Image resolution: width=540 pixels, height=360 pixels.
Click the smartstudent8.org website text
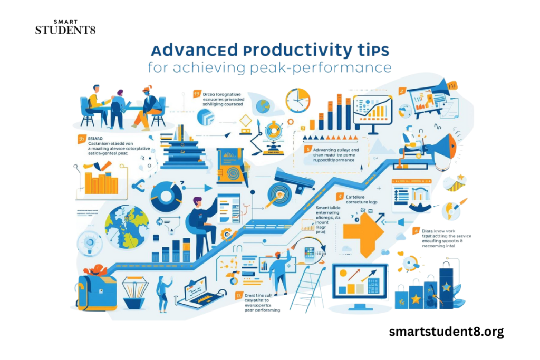click(x=446, y=332)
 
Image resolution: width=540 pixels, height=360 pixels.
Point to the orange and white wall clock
click(x=298, y=101)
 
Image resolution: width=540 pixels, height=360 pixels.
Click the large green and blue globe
click(x=127, y=221)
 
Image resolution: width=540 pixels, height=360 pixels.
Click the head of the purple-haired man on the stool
click(x=197, y=201)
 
